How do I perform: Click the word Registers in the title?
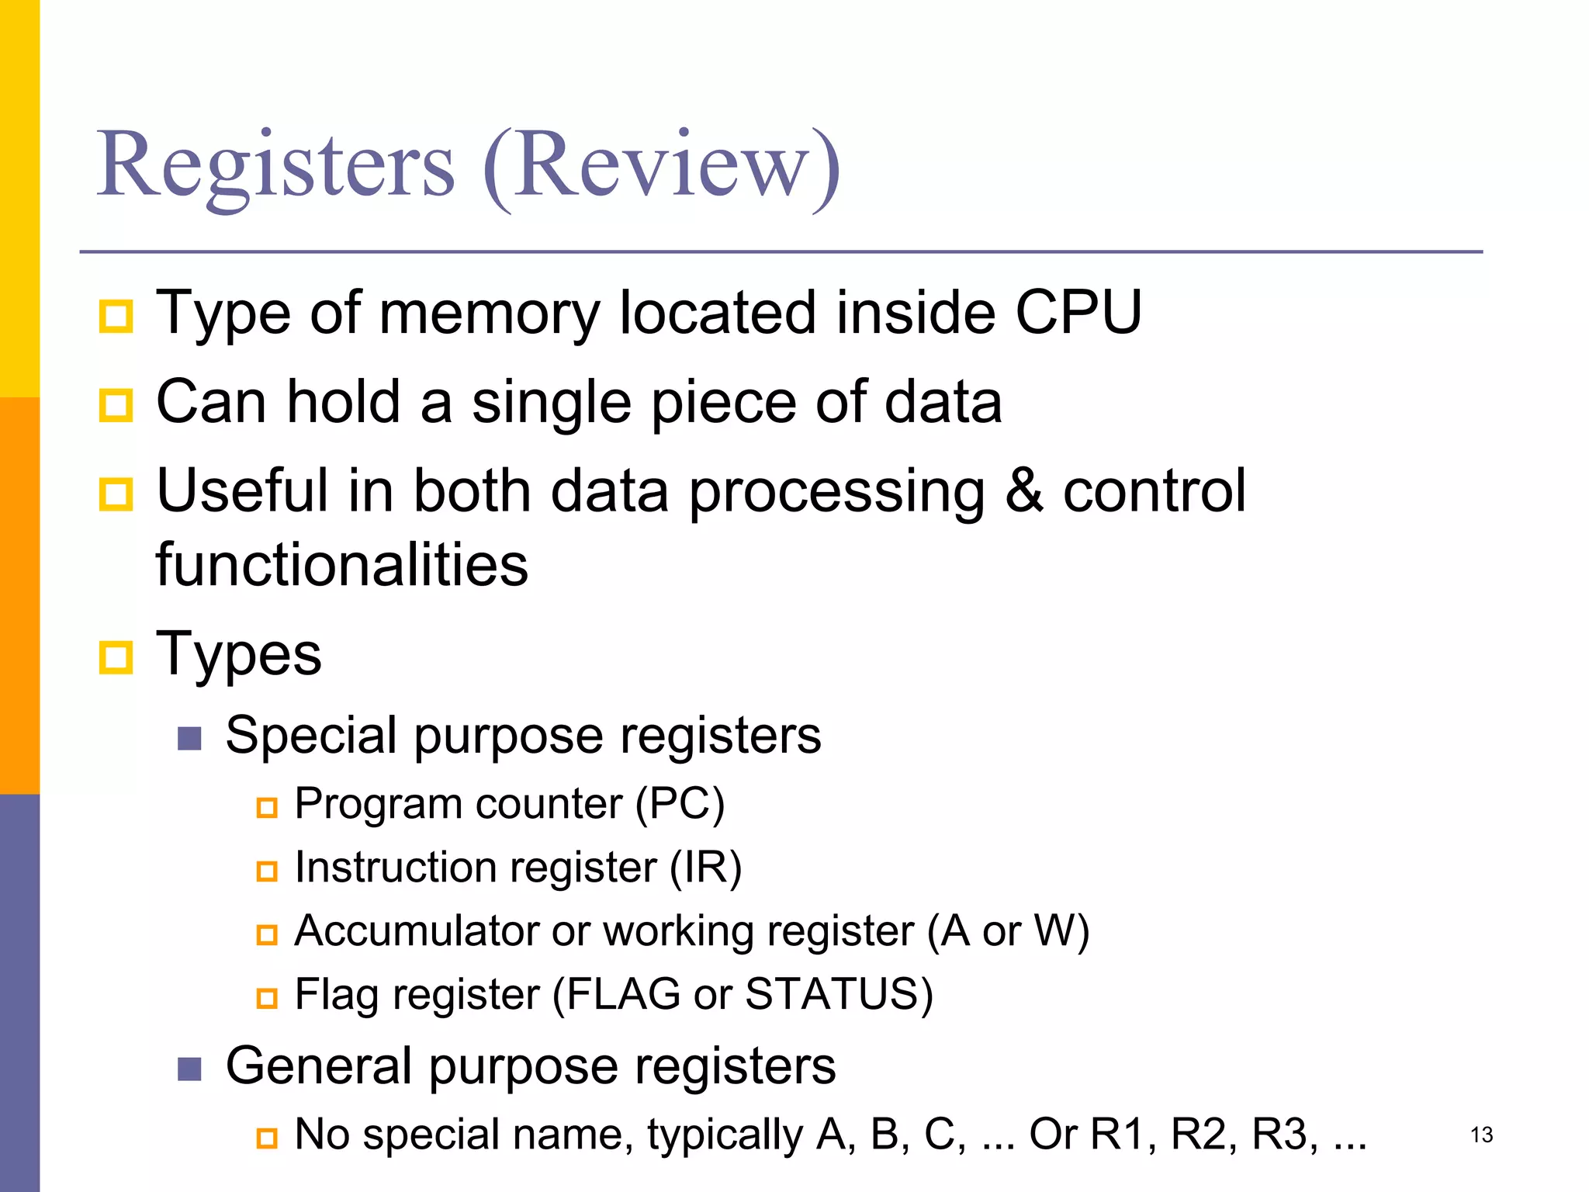(x=275, y=165)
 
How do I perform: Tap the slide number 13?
(x=1481, y=1135)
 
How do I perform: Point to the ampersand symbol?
(x=1024, y=490)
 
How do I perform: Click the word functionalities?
(x=342, y=564)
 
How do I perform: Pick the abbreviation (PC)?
(x=680, y=803)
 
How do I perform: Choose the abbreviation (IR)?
(x=705, y=867)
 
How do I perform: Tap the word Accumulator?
(x=417, y=930)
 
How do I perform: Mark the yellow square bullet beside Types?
(x=116, y=657)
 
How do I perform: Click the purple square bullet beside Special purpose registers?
(x=189, y=738)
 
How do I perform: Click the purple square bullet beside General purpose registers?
(x=189, y=1069)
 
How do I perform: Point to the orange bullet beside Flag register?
(x=267, y=997)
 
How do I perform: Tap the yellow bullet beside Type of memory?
(x=116, y=316)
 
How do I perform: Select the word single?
(x=552, y=402)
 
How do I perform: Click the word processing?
(x=836, y=492)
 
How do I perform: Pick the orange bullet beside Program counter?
(x=267, y=807)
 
